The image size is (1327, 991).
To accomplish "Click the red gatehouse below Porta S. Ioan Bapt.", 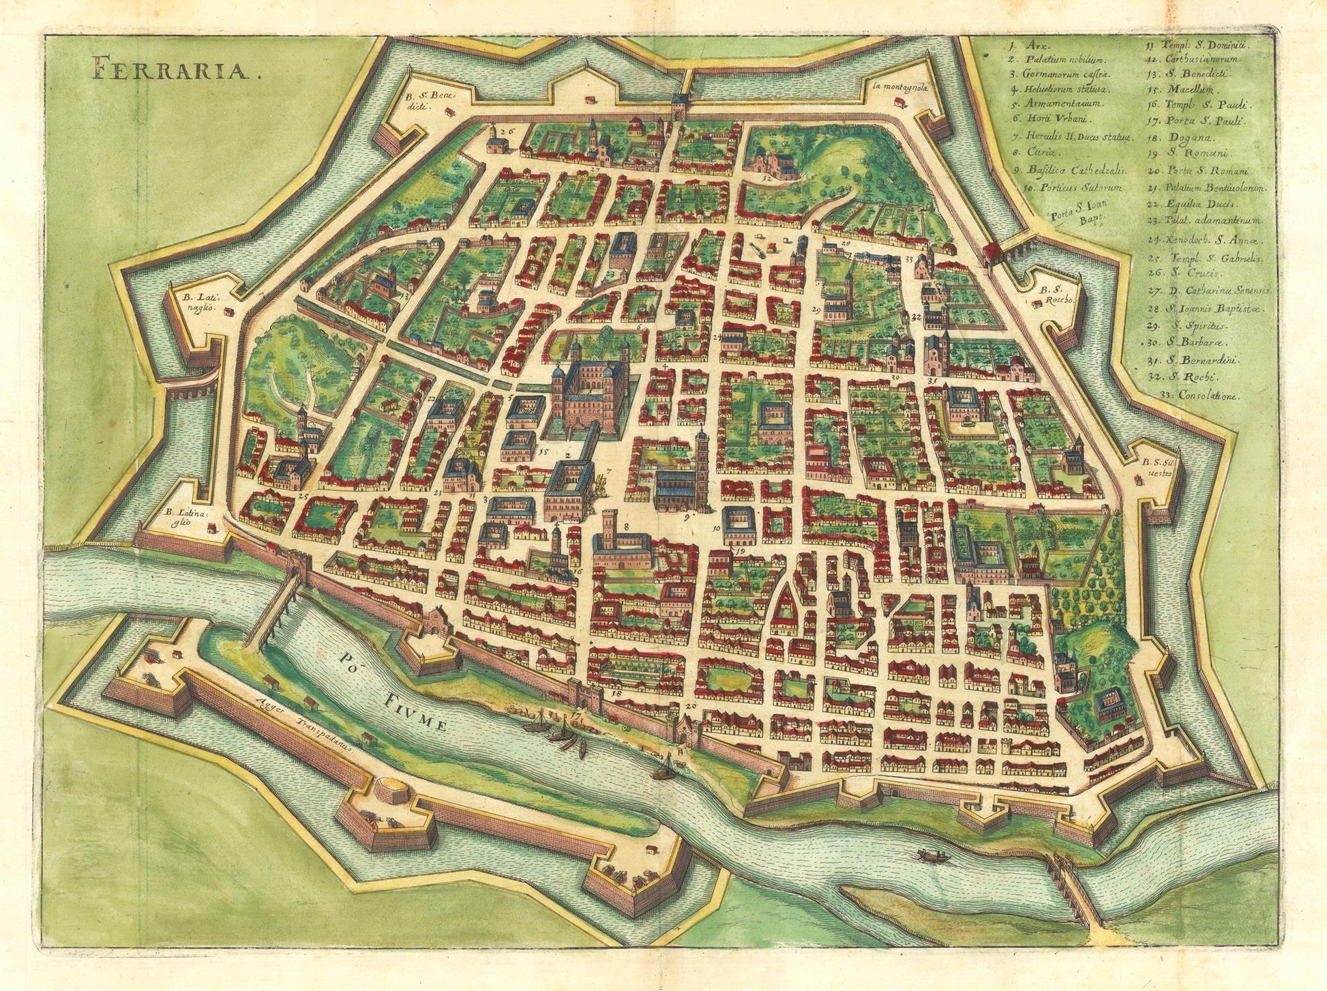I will (x=994, y=255).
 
